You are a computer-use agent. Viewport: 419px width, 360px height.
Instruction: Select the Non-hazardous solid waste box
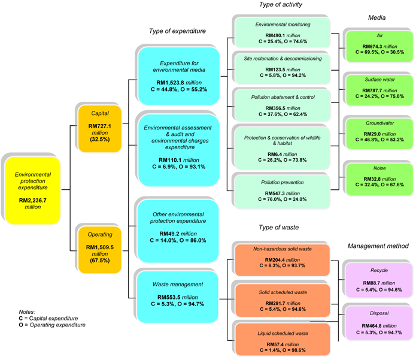283,259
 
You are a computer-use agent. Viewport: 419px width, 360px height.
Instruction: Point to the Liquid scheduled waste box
283,340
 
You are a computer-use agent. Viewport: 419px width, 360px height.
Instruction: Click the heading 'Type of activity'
281,5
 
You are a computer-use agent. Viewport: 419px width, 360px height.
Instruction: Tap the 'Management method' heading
378,246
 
